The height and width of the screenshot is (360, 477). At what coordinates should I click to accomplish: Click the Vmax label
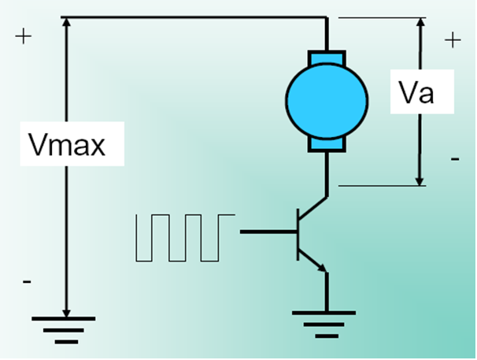(x=66, y=144)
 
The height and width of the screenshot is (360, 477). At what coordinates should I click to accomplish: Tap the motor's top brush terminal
(x=325, y=60)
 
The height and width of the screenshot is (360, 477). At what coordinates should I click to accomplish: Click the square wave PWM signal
(x=184, y=237)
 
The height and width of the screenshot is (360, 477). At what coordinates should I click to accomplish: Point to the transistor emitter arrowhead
(x=323, y=269)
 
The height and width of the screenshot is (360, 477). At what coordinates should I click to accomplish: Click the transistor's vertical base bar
(x=298, y=233)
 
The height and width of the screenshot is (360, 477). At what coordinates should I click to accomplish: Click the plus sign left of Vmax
(x=23, y=37)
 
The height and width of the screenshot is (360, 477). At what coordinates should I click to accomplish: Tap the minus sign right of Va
(x=455, y=160)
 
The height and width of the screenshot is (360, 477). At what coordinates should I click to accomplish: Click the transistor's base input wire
(x=268, y=232)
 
